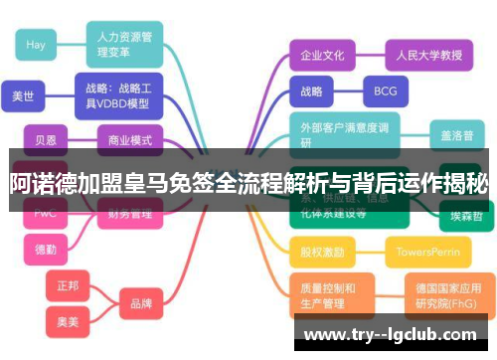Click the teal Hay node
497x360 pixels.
coord(36,45)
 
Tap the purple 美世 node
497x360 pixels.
coord(22,97)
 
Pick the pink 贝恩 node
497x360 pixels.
coord(45,140)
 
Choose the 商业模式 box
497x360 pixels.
coord(130,140)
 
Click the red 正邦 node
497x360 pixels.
coord(67,285)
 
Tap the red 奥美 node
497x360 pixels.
coord(67,323)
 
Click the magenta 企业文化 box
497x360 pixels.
coord(322,56)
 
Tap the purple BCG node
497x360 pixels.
coord(385,91)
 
